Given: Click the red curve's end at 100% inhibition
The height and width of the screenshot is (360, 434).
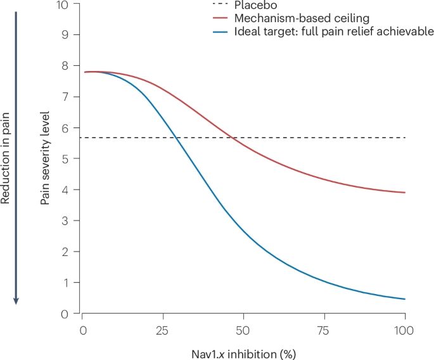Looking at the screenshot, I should coord(404,193).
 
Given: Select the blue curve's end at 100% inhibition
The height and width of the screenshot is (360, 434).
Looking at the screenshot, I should coord(404,299).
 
